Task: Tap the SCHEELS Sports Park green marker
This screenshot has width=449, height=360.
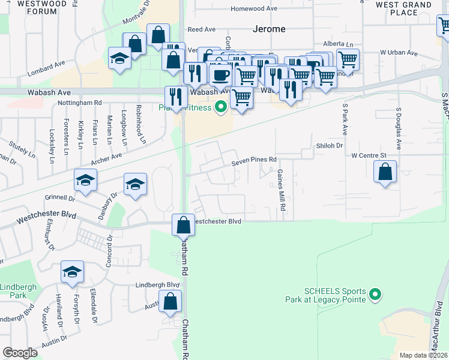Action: (375, 294)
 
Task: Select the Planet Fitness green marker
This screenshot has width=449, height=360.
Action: (221, 107)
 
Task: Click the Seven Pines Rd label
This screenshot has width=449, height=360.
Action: (255, 160)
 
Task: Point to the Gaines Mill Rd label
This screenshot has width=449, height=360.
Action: (281, 189)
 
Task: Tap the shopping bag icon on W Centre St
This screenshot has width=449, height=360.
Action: (385, 172)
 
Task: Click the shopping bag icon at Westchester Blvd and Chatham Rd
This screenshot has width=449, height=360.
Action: (183, 226)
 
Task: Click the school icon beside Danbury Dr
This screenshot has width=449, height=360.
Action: (136, 185)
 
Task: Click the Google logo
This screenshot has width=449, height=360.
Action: (20, 353)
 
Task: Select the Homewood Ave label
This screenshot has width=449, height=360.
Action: (254, 9)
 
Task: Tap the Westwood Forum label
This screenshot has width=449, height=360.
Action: (34, 7)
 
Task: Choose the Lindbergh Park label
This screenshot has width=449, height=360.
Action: (18, 292)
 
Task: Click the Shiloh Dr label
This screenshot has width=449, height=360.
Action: (329, 146)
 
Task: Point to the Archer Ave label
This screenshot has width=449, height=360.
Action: (107, 159)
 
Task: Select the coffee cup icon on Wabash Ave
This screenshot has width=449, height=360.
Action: (220, 76)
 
